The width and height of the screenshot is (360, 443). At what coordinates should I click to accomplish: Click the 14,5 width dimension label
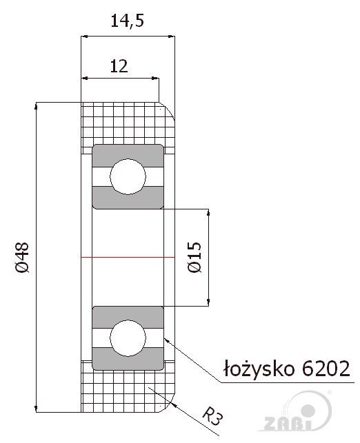pos(128,21)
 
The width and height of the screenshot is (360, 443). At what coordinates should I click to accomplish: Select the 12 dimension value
pos(119,66)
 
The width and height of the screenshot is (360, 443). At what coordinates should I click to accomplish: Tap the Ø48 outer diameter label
pos(22,258)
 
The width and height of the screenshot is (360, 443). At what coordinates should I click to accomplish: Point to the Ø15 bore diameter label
pos(195,257)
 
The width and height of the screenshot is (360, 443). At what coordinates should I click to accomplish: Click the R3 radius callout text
pos(212,416)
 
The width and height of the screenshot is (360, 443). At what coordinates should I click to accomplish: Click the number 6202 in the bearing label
pos(326,368)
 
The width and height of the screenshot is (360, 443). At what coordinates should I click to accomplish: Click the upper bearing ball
pos(128,176)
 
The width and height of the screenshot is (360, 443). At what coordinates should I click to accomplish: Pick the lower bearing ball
pos(128,338)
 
